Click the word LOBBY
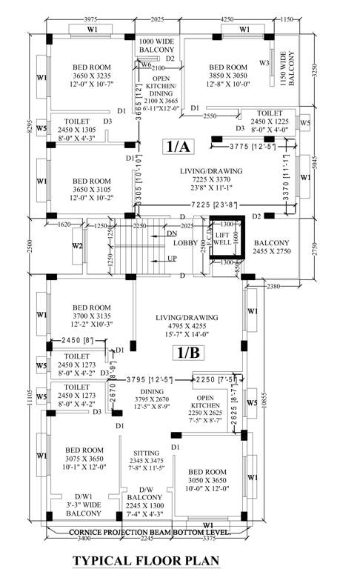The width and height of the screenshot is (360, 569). point(184,242)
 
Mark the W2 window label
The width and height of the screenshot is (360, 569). point(76,245)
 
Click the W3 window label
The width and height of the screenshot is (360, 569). point(264,63)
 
